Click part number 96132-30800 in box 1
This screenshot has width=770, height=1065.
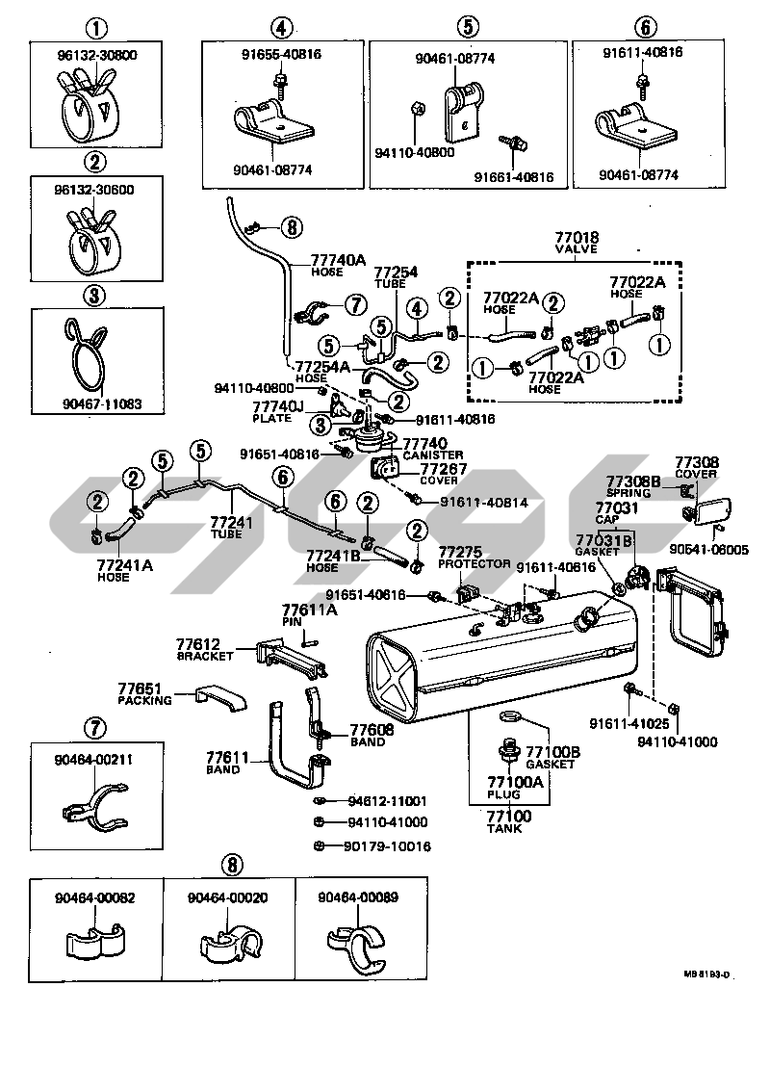coord(95,56)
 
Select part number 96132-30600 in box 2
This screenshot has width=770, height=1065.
coord(95,190)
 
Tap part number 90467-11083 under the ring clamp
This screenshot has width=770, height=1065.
coord(95,405)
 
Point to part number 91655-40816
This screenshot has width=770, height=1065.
coord(280,53)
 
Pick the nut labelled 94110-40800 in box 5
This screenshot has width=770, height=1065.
coord(411,108)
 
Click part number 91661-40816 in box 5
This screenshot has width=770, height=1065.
coord(513,177)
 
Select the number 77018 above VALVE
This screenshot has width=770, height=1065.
coord(577,237)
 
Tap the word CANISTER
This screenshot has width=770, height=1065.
coord(432,455)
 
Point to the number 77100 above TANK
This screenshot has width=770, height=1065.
coord(504,816)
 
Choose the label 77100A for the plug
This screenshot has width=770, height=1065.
coord(515,782)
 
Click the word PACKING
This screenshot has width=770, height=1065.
coord(145,700)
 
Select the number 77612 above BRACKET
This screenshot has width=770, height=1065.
coord(198,643)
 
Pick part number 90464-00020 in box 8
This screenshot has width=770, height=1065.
coord(227,897)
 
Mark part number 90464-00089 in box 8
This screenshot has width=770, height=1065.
coord(358,897)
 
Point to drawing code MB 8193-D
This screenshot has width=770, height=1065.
coord(707,974)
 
